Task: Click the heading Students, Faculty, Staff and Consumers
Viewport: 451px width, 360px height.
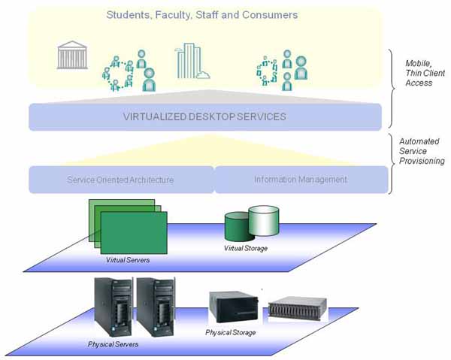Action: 201,14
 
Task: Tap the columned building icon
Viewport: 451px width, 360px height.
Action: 73,55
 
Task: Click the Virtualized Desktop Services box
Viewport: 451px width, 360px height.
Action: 204,116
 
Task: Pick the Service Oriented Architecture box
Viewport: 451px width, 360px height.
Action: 121,180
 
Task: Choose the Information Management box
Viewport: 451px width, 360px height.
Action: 301,180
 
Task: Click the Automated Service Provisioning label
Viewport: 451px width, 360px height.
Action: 422,150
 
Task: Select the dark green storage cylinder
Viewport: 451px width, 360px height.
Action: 238,225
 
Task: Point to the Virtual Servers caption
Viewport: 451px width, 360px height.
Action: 127,260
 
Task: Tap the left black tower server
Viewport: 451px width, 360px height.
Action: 110,308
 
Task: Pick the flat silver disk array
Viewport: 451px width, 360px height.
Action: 298,307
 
